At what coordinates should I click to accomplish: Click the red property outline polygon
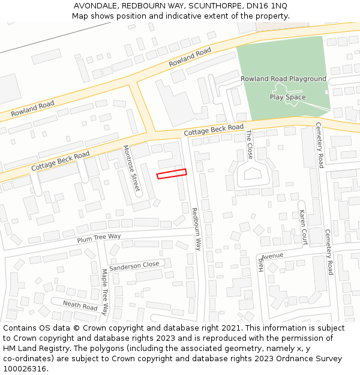point(172,174)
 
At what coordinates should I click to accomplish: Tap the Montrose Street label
point(131,169)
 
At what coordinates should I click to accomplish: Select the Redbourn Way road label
point(196,229)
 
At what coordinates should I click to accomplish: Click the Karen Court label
point(303,227)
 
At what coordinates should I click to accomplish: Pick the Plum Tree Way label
point(98,238)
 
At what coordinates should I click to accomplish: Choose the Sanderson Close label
point(134,265)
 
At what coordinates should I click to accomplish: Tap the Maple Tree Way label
point(104,292)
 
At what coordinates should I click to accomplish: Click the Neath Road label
point(80,305)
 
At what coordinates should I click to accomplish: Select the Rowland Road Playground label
point(283,79)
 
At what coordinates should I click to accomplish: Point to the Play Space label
point(287,97)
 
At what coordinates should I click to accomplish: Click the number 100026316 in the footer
point(25,369)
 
